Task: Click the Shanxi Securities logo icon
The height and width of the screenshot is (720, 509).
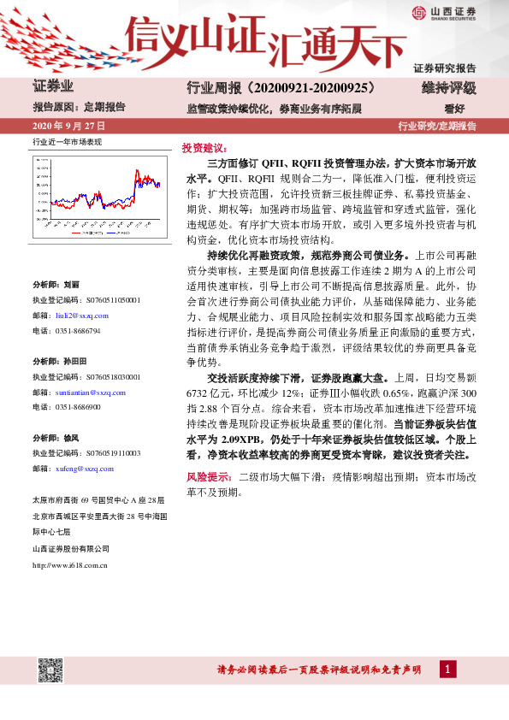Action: click(x=418, y=12)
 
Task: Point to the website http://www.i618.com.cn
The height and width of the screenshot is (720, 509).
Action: click(x=69, y=564)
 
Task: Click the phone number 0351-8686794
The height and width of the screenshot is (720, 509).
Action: click(x=77, y=330)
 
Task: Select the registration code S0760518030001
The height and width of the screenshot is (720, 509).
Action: click(x=100, y=376)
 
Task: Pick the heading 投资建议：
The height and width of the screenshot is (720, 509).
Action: click(x=203, y=147)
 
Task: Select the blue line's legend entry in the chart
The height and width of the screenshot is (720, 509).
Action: click(x=120, y=232)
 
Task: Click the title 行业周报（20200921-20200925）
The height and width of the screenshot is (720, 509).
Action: click(x=282, y=88)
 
